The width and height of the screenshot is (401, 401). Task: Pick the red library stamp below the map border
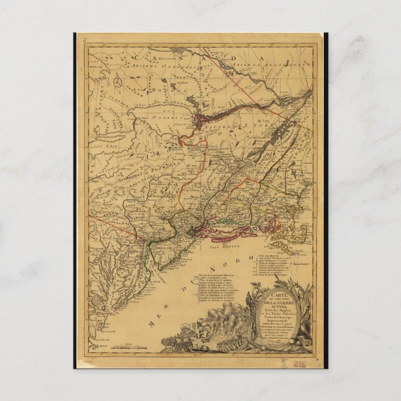(x=301, y=362)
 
